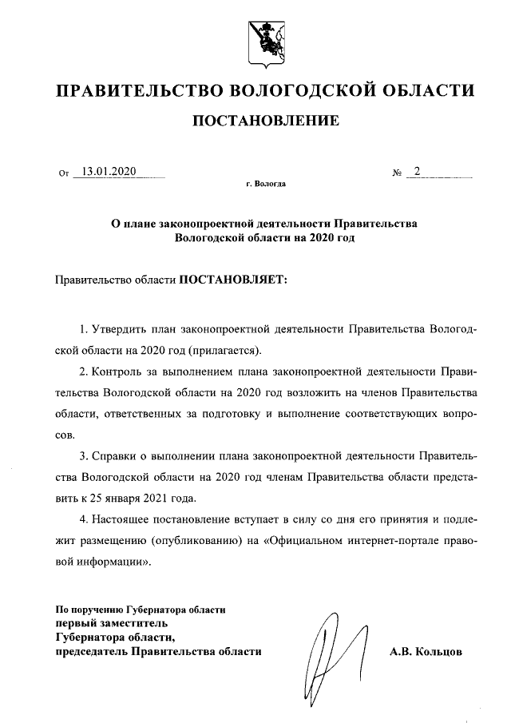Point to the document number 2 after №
[x=417, y=171]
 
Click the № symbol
[x=396, y=173]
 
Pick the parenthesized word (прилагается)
[x=224, y=350]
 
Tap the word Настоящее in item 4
[x=125, y=519]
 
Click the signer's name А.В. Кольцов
[x=426, y=652]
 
